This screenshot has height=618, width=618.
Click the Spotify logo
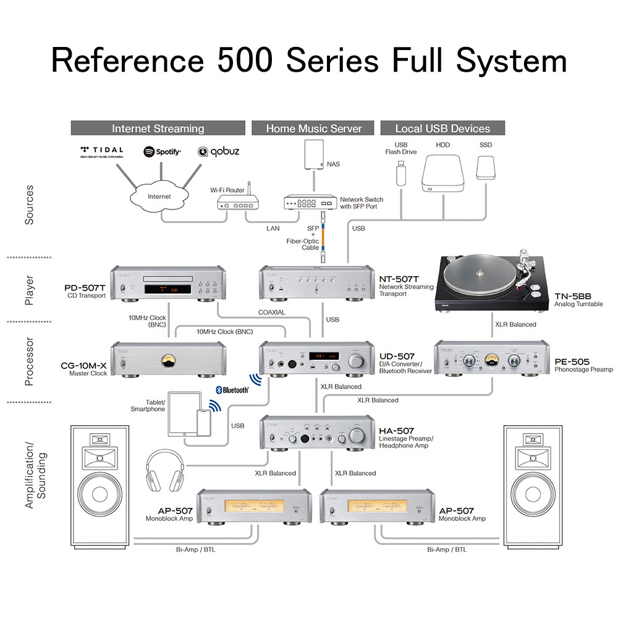[162, 152]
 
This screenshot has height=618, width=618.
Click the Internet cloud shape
[160, 197]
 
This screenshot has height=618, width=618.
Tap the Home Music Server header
[313, 129]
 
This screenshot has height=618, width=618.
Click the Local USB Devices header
[442, 129]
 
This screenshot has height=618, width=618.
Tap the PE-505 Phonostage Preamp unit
[488, 358]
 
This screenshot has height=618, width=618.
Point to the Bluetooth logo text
[232, 390]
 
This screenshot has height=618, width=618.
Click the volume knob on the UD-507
[357, 361]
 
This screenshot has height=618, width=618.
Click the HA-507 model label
[397, 431]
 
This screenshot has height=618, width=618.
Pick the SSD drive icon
[486, 166]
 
